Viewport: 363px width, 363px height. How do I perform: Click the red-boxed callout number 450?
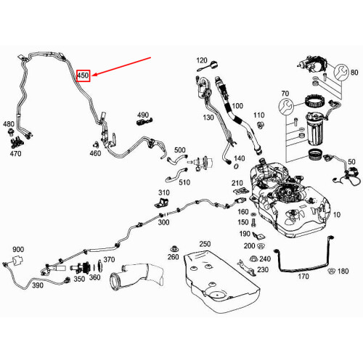tap(83, 76)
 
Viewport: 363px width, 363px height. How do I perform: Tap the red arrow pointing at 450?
tap(121, 66)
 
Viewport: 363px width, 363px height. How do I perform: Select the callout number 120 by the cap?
tap(202, 60)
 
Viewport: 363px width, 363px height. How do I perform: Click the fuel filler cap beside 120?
tap(213, 65)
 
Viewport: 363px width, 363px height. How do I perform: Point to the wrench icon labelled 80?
tap(341, 72)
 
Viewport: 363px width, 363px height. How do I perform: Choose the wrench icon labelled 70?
tap(286, 106)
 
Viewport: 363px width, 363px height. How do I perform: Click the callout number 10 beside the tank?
tap(337, 215)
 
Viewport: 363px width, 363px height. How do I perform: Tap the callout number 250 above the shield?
tap(205, 244)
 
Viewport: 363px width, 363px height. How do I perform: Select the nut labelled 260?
tap(174, 248)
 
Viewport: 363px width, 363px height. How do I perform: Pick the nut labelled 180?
tap(331, 271)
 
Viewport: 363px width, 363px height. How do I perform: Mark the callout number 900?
tap(18, 249)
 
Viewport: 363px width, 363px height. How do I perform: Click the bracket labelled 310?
tap(162, 203)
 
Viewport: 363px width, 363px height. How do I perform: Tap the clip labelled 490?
tap(144, 121)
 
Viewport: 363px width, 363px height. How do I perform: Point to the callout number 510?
tap(184, 182)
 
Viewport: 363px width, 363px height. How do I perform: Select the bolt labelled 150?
tap(253, 222)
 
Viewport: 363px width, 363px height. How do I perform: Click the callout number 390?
tap(38, 285)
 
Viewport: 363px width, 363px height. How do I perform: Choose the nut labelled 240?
tap(253, 258)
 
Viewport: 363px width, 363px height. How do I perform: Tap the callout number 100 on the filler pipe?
tap(237, 106)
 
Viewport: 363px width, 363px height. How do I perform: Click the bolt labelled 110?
tap(261, 126)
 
